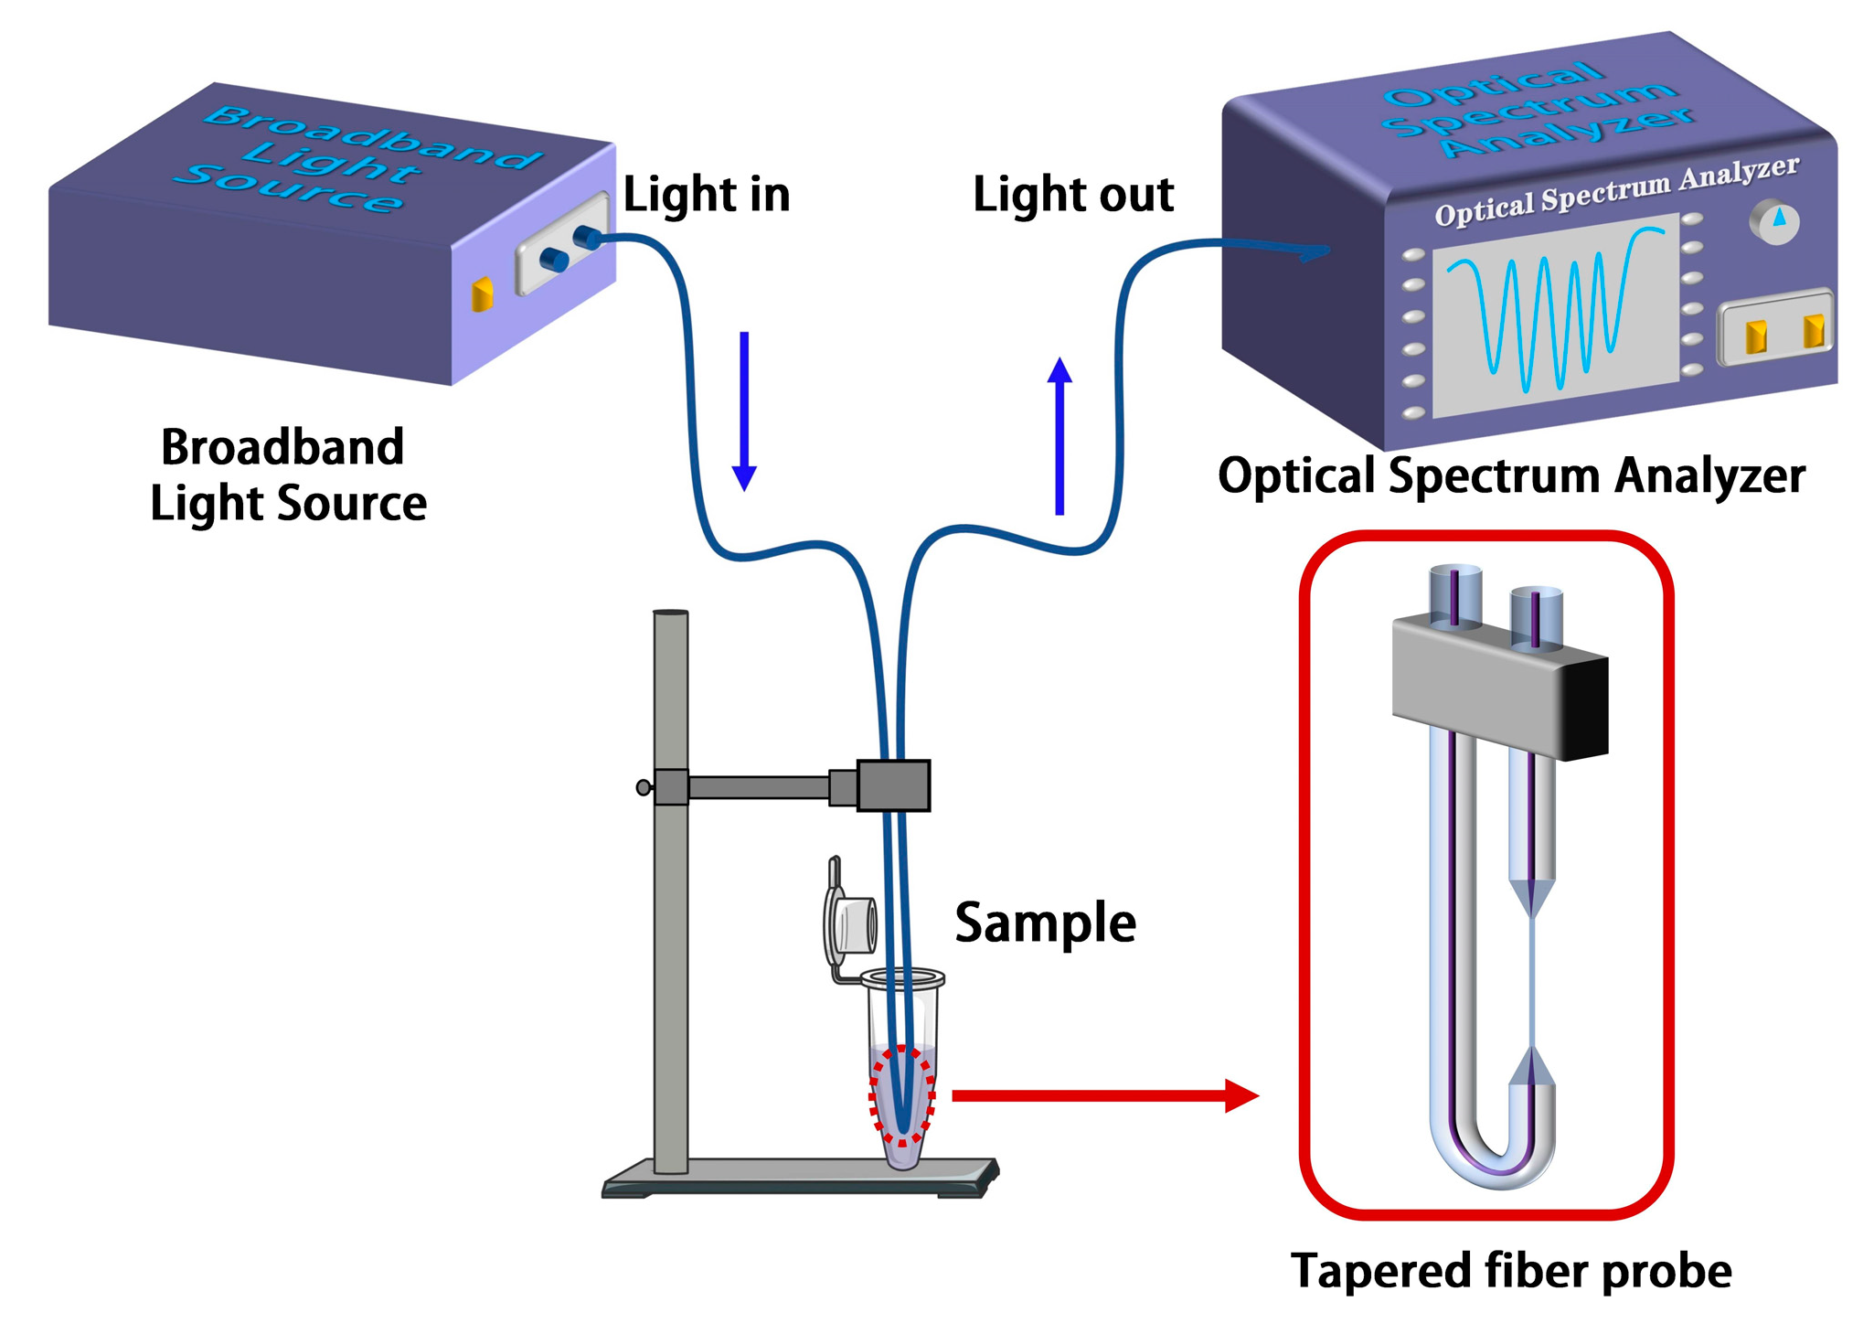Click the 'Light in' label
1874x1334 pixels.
[706, 195]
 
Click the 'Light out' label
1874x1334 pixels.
[1072, 195]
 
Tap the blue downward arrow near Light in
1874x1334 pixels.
[744, 411]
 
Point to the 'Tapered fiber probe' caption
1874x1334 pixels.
[1510, 1271]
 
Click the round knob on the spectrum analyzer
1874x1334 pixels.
[1773, 221]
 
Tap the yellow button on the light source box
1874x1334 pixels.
[482, 293]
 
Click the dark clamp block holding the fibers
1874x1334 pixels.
[893, 785]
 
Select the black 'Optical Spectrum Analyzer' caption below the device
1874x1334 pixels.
[1510, 476]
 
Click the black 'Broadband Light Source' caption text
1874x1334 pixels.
[288, 475]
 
